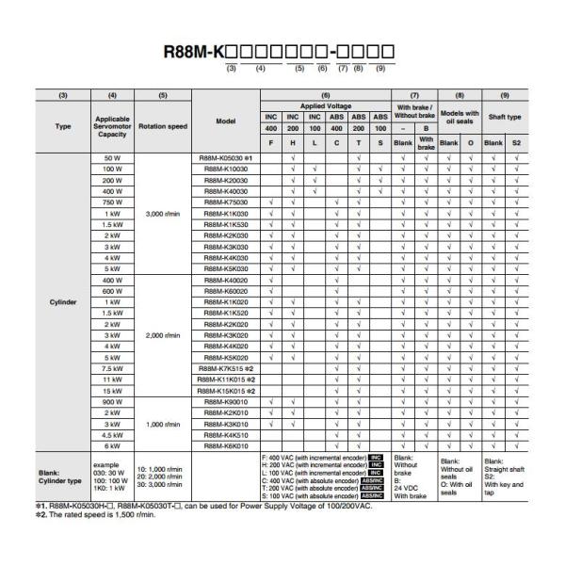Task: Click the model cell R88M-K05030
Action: click(x=224, y=156)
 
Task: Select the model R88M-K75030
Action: click(x=224, y=202)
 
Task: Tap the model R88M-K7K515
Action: click(x=224, y=368)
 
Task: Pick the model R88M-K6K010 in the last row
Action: click(x=224, y=446)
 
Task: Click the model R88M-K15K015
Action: click(x=224, y=391)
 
